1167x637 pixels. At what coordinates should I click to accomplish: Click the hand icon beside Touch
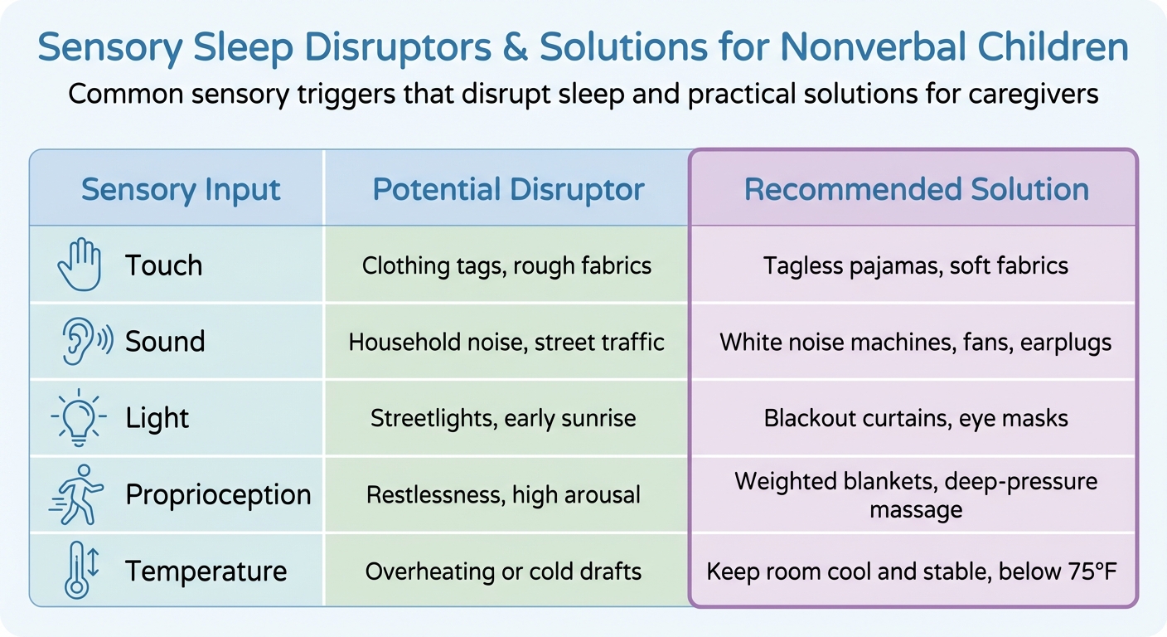coord(80,265)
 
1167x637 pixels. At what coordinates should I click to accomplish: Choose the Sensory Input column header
coord(181,190)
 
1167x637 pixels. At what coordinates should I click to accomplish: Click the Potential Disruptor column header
coord(508,190)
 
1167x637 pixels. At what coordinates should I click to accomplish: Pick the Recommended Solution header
coord(916,190)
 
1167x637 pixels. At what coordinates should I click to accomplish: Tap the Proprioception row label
coord(218,495)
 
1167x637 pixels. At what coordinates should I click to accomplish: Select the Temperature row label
coord(206,571)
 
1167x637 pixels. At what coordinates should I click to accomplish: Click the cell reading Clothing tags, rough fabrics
coord(506,265)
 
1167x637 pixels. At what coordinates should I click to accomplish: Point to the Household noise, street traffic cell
coord(506,342)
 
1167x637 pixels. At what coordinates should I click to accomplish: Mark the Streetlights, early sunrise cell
coord(503,418)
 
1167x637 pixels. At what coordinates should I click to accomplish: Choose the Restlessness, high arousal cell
coord(503,495)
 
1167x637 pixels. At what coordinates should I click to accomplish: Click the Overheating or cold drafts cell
coord(503,571)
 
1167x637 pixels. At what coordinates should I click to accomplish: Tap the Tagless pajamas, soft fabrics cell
coord(916,265)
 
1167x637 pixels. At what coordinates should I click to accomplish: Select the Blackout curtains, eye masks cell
coord(916,418)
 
